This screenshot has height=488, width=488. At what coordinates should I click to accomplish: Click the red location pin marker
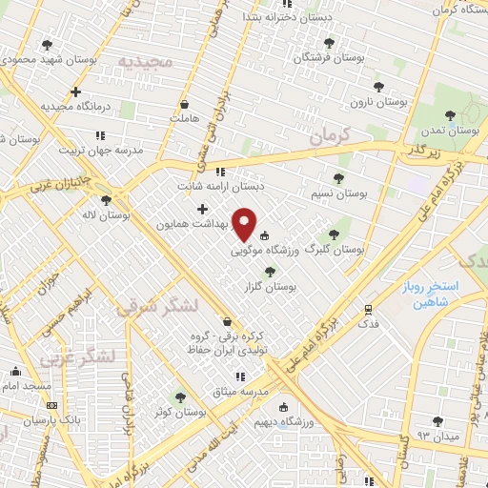[x=245, y=224]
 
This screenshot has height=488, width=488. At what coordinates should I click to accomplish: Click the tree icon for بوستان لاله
[x=105, y=200]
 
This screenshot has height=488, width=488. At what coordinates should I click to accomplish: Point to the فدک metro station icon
[x=368, y=309]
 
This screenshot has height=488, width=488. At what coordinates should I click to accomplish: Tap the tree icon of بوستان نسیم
[x=340, y=178]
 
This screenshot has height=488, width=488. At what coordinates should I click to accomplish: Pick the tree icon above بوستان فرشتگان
[x=330, y=43]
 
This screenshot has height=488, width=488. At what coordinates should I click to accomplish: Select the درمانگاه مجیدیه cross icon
[x=75, y=92]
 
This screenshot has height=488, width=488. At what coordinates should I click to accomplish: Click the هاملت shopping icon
[x=183, y=104]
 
